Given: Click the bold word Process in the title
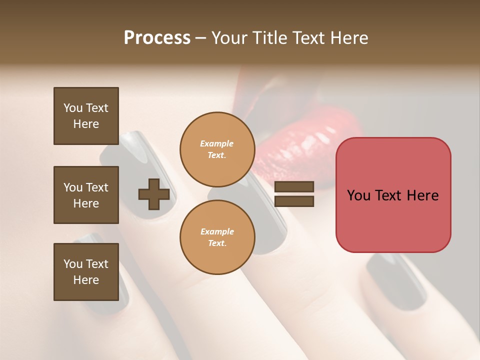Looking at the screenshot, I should [157, 38].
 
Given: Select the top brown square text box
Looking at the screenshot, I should [86, 116].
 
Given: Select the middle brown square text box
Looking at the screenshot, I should [86, 195].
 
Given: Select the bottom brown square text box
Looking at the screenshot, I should [86, 272].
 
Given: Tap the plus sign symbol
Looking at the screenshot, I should [154, 194].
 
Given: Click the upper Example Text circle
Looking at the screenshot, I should [217, 149].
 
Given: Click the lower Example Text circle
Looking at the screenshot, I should [217, 237].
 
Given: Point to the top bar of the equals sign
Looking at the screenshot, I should [294, 187].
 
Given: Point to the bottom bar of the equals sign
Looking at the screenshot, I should [294, 201].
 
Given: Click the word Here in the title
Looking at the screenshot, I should [348, 38].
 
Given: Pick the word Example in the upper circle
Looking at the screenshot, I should [217, 143].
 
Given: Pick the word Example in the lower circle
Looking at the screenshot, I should [217, 231].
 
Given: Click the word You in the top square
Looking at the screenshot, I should [73, 108].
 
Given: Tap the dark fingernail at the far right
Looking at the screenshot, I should [395, 280].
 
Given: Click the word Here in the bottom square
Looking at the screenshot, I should [86, 280].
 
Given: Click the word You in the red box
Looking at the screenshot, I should [358, 195].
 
